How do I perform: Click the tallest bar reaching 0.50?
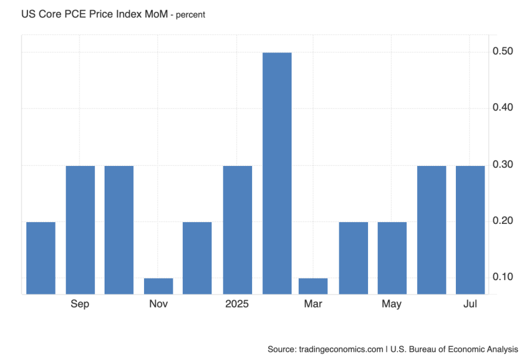coord(277,173)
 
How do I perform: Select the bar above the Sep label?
coord(80,230)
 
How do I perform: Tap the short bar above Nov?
coord(158,286)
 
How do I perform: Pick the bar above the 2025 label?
coord(237,230)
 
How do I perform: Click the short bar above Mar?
coord(313,286)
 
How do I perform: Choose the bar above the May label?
coord(392,258)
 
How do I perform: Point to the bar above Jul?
coord(470,230)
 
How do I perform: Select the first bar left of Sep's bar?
coord(41,258)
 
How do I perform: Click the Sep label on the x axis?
coord(80,304)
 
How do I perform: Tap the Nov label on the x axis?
coord(158,304)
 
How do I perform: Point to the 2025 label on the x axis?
coord(237,304)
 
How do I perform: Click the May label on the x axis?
coord(392,304)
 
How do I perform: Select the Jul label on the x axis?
coord(470,304)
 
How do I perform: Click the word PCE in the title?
coord(76,13)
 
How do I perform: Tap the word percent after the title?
coord(190,14)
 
